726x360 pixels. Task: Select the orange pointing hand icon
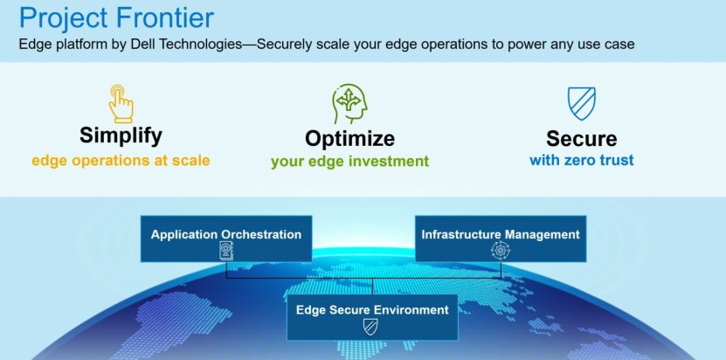click(x=121, y=103)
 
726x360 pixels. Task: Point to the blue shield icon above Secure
click(x=581, y=104)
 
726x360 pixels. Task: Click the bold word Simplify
click(x=121, y=135)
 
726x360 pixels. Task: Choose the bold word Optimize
click(x=349, y=138)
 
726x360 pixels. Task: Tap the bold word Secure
click(x=581, y=138)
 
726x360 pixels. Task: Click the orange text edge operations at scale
click(x=121, y=161)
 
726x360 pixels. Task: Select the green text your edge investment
click(x=349, y=161)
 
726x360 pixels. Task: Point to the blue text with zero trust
click(x=581, y=160)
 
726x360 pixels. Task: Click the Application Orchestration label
click(x=226, y=234)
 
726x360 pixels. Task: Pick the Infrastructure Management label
click(x=501, y=234)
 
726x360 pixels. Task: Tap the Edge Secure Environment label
click(x=372, y=309)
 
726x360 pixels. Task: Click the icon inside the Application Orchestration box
click(x=226, y=251)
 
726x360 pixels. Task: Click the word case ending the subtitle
click(x=618, y=44)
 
